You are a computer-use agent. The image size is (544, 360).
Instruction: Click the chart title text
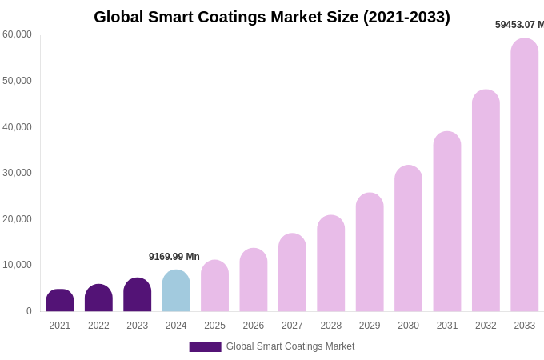pyautogui.click(x=272, y=17)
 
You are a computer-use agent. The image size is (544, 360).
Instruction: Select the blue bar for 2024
pyautogui.click(x=176, y=291)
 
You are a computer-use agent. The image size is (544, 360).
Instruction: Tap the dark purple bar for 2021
pyautogui.click(x=60, y=301)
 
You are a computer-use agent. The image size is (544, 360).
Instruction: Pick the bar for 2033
pyautogui.click(x=525, y=176)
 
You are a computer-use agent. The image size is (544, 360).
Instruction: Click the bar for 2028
pyautogui.click(x=331, y=264)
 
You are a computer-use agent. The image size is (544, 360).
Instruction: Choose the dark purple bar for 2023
pyautogui.click(x=138, y=295)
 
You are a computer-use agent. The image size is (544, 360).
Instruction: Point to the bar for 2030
pyautogui.click(x=408, y=239)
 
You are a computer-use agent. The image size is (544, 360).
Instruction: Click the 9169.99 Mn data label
pyautogui.click(x=174, y=257)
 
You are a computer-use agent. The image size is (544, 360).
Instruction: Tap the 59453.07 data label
pyautogui.click(x=519, y=25)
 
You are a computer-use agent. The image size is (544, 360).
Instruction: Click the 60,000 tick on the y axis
pyautogui.click(x=17, y=34)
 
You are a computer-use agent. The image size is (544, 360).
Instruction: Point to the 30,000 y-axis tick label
pyautogui.click(x=17, y=173)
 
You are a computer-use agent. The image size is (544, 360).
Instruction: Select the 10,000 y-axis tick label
pyautogui.click(x=17, y=265)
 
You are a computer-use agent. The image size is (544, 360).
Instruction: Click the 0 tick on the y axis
pyautogui.click(x=29, y=311)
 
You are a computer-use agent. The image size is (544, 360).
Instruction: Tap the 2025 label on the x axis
pyautogui.click(x=214, y=326)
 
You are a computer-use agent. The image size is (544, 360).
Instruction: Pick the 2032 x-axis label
pyautogui.click(x=486, y=326)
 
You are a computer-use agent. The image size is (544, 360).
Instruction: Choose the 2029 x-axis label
pyautogui.click(x=370, y=326)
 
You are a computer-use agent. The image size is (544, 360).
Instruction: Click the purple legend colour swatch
pyautogui.click(x=205, y=347)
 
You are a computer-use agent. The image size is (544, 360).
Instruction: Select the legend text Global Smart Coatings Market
pyautogui.click(x=290, y=346)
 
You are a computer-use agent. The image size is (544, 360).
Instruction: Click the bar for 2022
pyautogui.click(x=98, y=298)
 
